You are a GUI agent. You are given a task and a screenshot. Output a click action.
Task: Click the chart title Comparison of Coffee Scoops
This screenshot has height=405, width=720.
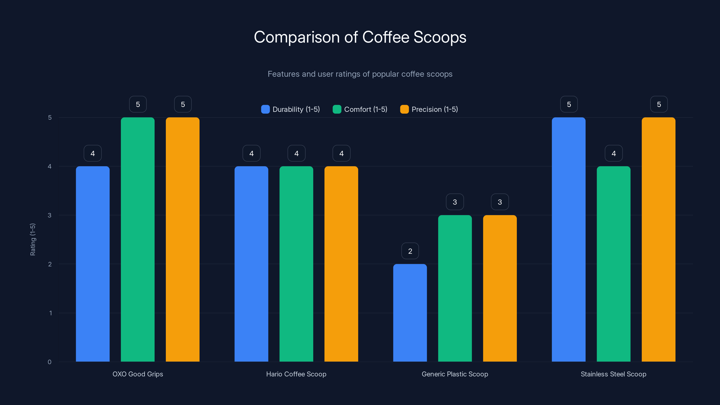point(360,37)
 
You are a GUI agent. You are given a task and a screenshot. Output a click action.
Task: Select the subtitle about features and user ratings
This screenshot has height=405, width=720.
point(360,74)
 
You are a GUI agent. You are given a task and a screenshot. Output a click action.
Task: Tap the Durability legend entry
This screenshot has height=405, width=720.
point(290,109)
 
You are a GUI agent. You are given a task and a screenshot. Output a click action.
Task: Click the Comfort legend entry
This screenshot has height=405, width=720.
point(360,109)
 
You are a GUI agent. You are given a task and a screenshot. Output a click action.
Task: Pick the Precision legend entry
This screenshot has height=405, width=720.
point(429,109)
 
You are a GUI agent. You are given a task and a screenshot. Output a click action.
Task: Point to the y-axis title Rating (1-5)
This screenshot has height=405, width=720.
point(33,240)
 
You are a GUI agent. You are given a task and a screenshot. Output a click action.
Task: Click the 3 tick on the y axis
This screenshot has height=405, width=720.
point(49,215)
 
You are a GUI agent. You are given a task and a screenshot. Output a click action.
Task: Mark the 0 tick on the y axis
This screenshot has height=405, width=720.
point(49,362)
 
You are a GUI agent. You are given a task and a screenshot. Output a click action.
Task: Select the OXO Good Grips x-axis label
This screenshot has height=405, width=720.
point(137,374)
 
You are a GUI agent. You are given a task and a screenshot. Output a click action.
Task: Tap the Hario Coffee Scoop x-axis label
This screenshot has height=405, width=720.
point(296,374)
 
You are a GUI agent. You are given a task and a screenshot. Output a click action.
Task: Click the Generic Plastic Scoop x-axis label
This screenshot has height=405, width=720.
point(455,374)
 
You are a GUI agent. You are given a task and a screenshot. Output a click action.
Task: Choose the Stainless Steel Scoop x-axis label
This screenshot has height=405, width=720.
point(614,374)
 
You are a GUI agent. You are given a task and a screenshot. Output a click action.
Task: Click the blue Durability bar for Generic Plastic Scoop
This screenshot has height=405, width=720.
point(410,313)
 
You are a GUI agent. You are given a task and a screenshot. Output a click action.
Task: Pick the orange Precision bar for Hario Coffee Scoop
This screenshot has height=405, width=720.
point(341,264)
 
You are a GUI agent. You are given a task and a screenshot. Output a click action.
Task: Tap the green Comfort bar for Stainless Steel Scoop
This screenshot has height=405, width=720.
point(614,264)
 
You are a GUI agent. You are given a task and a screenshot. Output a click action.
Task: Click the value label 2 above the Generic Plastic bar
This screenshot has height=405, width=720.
point(410,251)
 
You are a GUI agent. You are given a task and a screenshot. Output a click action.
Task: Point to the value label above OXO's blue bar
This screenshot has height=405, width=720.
point(92,153)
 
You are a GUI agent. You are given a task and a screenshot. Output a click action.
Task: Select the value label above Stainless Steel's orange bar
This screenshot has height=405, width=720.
point(659,104)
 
